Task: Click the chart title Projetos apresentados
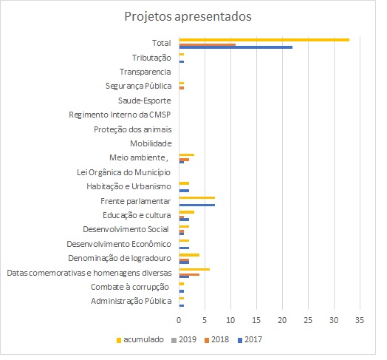click(188, 17)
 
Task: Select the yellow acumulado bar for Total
click(264, 40)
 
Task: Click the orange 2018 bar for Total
click(208, 44)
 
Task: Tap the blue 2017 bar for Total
click(236, 47)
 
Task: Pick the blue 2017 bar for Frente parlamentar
click(197, 205)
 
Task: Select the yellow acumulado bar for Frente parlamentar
click(197, 197)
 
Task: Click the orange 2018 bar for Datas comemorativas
click(189, 274)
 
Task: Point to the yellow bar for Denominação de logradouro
click(189, 255)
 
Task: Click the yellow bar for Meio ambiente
click(187, 155)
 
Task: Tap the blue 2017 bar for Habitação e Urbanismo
click(184, 191)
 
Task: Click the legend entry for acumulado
click(140, 340)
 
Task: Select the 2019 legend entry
click(184, 340)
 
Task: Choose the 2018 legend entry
click(216, 340)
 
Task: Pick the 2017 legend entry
click(250, 340)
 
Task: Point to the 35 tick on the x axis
click(360, 320)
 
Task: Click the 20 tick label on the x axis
click(282, 320)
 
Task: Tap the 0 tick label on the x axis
click(179, 320)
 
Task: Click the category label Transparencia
click(145, 72)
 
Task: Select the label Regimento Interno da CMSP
click(120, 115)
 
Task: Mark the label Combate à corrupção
click(130, 287)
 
